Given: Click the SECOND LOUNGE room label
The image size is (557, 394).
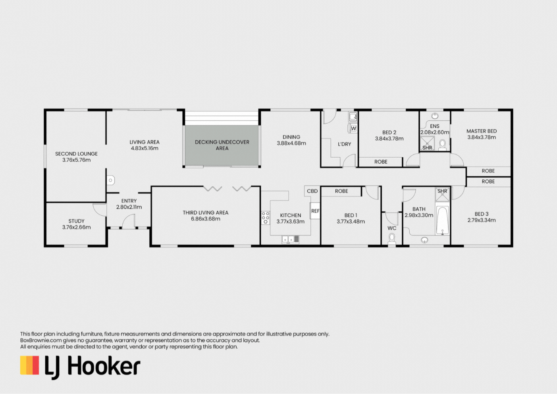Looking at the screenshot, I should [76, 154].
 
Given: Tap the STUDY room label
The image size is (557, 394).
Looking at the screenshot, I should [76, 221].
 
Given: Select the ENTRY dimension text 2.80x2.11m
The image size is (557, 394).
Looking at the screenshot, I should [129, 207].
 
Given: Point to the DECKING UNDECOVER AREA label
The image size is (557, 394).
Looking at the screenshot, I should [222, 145].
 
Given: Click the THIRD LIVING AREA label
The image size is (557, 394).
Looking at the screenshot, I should [205, 212].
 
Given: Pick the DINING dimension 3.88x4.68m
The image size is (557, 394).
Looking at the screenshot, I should [291, 143].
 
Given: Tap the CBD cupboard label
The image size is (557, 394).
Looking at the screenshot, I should [312, 191].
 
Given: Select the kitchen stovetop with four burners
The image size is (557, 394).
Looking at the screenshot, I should [265, 218].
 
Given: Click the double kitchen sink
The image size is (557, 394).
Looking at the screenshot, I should [290, 239].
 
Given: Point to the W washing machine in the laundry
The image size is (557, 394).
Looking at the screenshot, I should [353, 128].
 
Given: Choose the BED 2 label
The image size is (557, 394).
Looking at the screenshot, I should [389, 132].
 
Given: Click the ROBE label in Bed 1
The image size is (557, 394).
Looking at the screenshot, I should [341, 191].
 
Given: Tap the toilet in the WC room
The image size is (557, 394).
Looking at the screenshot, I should [392, 239].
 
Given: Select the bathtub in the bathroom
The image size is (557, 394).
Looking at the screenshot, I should [442, 220].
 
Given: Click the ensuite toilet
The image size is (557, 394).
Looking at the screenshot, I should [442, 144].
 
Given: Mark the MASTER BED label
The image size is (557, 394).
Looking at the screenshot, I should [481, 131].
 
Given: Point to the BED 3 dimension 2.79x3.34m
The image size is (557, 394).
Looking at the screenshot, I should [481, 220].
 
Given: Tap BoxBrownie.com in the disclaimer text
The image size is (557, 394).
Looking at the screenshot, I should [41, 340].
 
